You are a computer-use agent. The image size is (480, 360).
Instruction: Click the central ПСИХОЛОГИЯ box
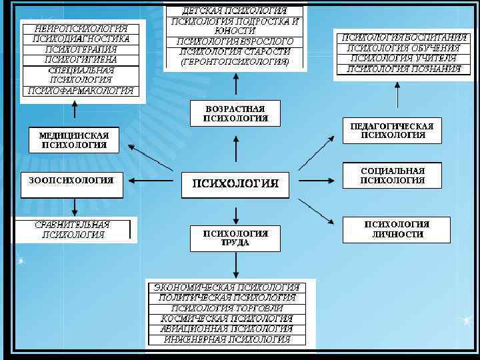tap(235, 183)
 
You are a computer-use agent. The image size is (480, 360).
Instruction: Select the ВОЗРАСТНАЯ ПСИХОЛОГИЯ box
tap(235, 113)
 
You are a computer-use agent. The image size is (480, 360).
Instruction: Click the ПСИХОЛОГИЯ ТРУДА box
tap(235, 238)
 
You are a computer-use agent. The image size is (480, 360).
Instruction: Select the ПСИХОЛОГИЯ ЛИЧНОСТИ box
tap(396, 229)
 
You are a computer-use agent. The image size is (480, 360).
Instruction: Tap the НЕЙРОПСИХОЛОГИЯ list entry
tap(84, 29)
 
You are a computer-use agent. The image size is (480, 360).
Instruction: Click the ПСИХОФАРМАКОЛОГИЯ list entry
tap(84, 91)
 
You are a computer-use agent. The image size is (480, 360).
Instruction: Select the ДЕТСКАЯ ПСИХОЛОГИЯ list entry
tap(235, 11)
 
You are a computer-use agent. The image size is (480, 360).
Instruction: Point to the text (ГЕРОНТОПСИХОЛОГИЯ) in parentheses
tap(235, 61)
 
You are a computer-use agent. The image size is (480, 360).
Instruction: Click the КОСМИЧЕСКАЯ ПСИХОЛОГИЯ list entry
tap(227, 318)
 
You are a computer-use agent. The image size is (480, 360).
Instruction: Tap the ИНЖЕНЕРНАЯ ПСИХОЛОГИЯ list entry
tap(227, 339)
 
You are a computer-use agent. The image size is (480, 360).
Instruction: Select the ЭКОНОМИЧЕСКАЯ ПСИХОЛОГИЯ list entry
tap(227, 287)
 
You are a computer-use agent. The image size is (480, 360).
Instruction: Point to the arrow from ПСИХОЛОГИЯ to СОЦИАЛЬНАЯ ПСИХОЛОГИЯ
tap(317, 180)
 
